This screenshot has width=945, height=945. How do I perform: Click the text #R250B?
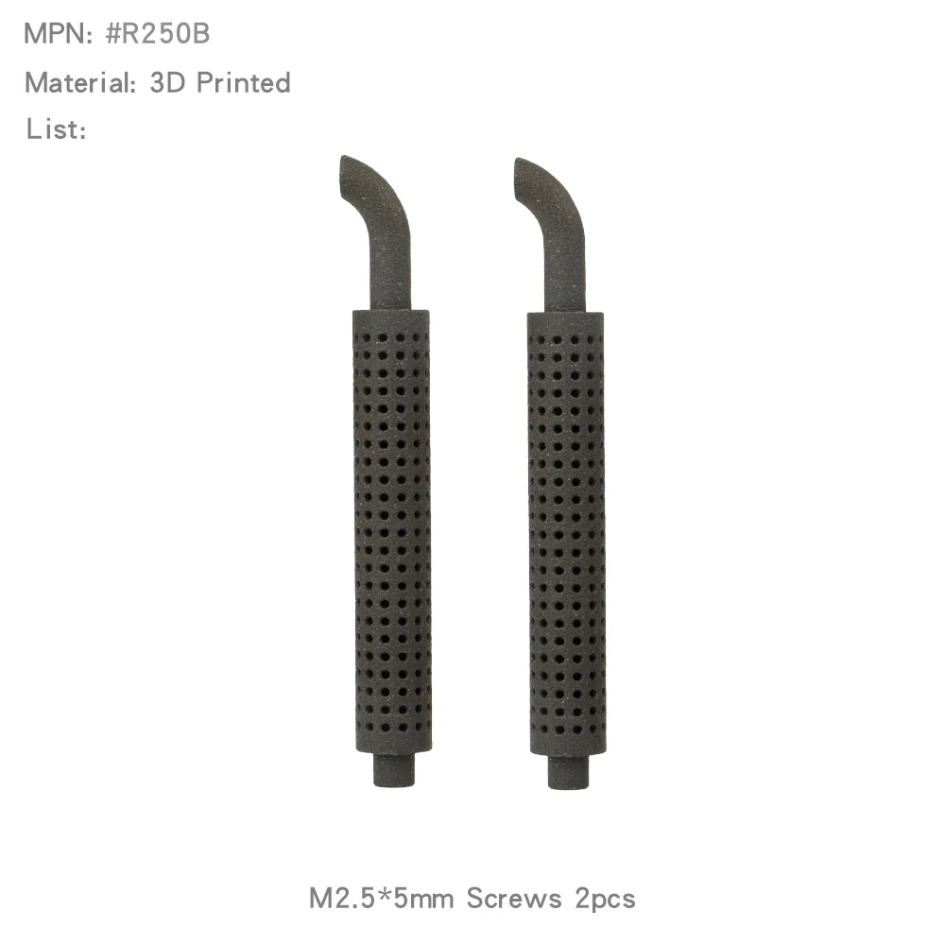point(156,35)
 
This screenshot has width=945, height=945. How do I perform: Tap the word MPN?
point(56,35)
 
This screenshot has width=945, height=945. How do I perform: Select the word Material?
point(81,83)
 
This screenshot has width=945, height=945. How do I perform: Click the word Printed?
point(243,83)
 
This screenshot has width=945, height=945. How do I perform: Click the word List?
point(56,129)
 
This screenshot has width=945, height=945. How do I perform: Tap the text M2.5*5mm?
point(383,897)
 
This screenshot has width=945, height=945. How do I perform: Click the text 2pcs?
point(605,897)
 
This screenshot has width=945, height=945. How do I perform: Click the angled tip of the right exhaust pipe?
point(527,171)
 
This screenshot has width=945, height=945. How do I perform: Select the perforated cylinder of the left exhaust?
point(392,529)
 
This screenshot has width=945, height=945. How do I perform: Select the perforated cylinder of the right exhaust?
point(567,529)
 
